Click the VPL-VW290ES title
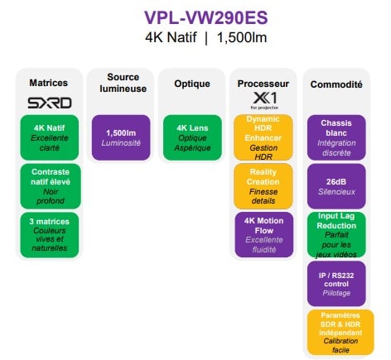tap(206, 17)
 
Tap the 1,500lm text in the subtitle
tap(242, 37)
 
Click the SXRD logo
tap(50, 103)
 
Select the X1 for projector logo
tap(264, 101)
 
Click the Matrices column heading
tap(49, 83)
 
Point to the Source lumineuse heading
tap(123, 83)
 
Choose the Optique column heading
tap(192, 84)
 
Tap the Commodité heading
tap(336, 84)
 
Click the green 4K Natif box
tap(50, 137)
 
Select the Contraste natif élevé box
tap(51, 186)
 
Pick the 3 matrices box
tap(50, 235)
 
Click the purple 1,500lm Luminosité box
tap(121, 137)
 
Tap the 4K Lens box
tap(192, 137)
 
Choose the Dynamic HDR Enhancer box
tap(263, 137)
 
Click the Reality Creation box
tap(263, 186)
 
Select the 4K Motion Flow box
tap(264, 235)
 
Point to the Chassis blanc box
tap(336, 137)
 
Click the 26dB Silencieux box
tap(336, 186)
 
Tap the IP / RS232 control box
tap(336, 284)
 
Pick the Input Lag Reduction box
tap(336, 235)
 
